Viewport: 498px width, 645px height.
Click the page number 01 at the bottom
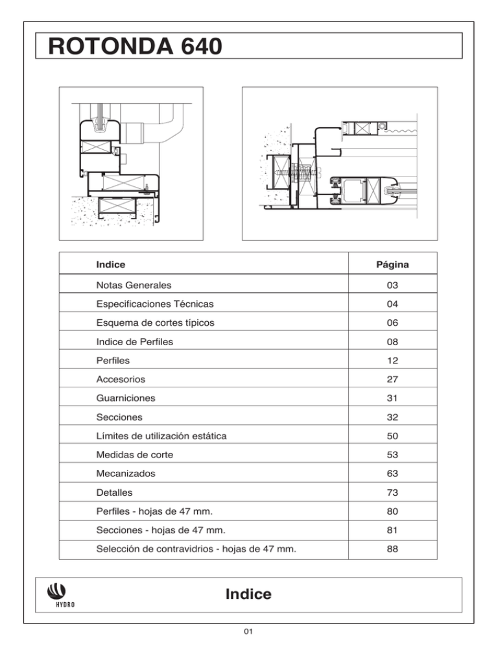[248, 631]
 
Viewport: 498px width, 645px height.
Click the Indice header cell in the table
[110, 265]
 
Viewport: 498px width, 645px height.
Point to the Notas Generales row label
[133, 284]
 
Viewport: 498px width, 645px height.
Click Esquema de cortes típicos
[152, 322]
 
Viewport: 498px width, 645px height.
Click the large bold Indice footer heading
[248, 594]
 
